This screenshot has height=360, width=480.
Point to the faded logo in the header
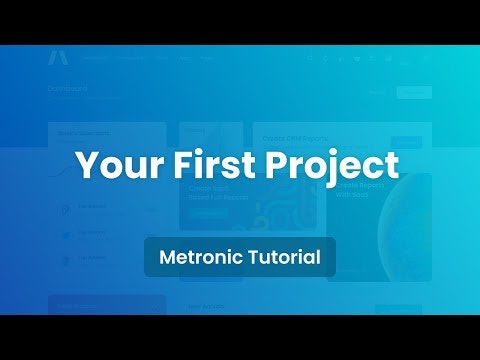tap(57, 58)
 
